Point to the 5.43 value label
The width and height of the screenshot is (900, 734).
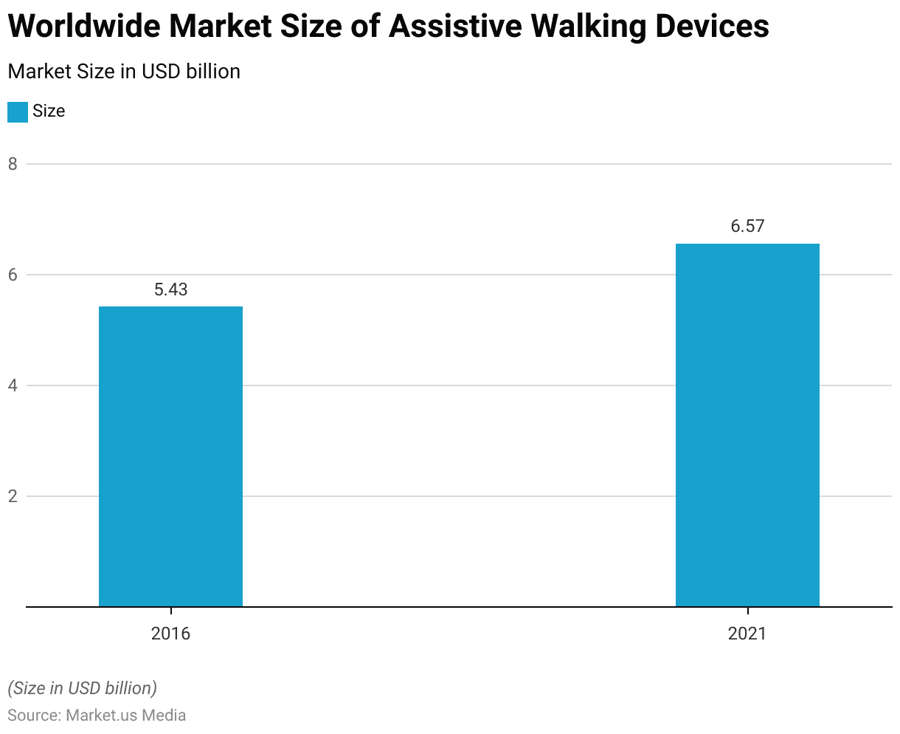(x=170, y=289)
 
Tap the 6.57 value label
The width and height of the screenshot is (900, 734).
(x=747, y=227)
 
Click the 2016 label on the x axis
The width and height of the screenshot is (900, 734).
(x=170, y=634)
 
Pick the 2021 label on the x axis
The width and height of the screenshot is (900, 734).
(x=747, y=634)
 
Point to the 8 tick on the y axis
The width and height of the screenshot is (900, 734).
(x=13, y=164)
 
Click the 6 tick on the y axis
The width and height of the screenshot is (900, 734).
(x=13, y=275)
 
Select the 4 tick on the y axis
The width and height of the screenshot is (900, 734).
(x=13, y=385)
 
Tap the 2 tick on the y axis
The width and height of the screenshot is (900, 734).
(x=13, y=496)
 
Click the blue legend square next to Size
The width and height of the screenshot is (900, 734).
(x=18, y=112)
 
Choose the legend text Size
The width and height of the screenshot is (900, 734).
(x=49, y=112)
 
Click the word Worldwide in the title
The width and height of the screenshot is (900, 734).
(x=83, y=27)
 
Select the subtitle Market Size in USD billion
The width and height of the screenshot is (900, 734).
(x=124, y=72)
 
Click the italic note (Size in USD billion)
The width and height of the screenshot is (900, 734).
(x=82, y=688)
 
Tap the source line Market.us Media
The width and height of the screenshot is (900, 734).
(x=125, y=716)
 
